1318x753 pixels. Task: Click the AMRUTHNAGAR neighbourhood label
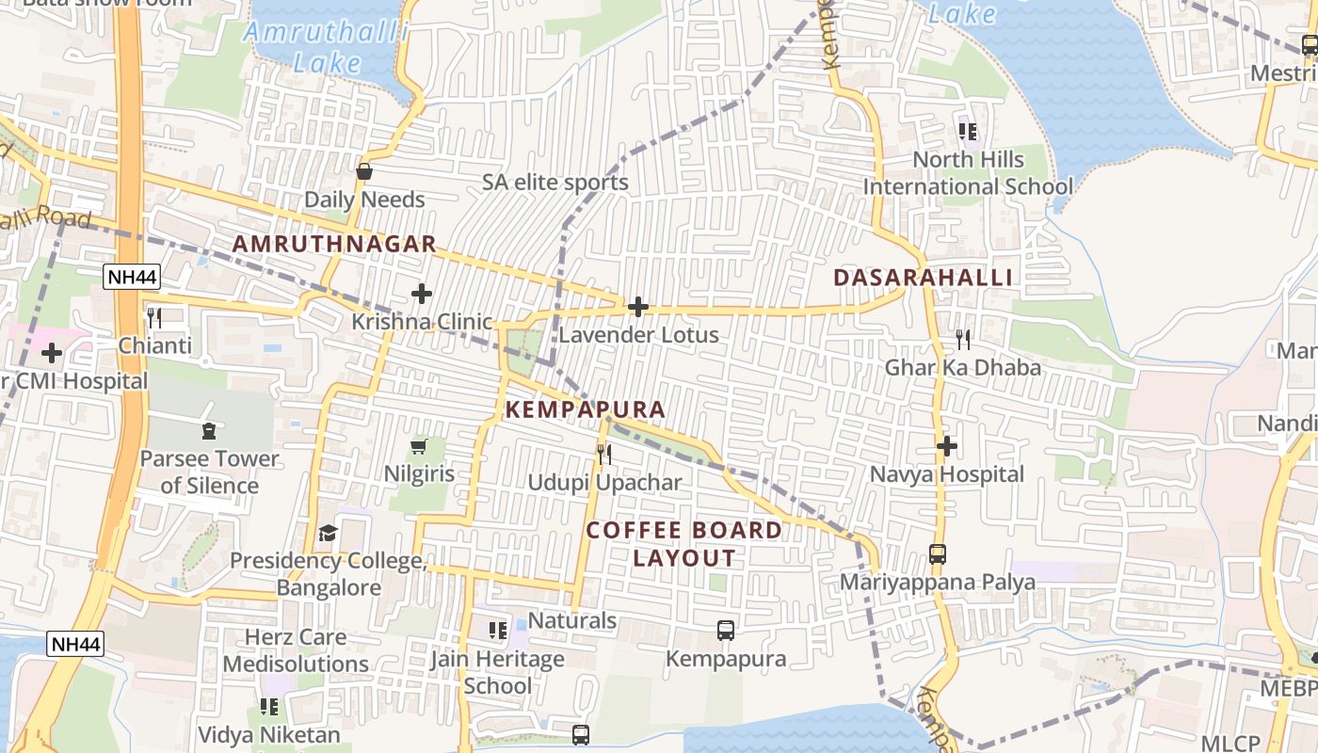coord(334,244)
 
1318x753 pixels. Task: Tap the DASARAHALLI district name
coord(923,278)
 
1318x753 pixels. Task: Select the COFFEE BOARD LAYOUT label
coord(684,544)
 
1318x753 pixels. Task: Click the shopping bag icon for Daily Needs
coord(364,171)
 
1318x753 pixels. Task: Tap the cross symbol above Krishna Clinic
coord(422,294)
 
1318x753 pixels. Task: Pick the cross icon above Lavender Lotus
coord(638,307)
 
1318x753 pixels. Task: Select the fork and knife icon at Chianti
coord(154,317)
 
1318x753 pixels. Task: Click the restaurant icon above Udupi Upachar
coord(604,455)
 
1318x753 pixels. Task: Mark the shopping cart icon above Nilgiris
coord(419,446)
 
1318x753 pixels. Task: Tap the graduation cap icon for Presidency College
coord(328,534)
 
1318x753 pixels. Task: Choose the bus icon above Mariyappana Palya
coord(938,554)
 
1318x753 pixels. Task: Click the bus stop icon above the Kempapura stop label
coord(726,631)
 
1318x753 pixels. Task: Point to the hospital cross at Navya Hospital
coord(947,446)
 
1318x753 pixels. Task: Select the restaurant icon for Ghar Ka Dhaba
coord(963,339)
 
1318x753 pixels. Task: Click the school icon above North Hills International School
coord(968,132)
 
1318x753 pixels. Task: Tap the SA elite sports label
coord(555,183)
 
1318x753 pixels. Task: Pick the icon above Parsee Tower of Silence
coord(208,431)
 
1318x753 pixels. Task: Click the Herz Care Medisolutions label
coord(296,650)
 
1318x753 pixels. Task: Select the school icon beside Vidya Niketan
coord(269,706)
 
